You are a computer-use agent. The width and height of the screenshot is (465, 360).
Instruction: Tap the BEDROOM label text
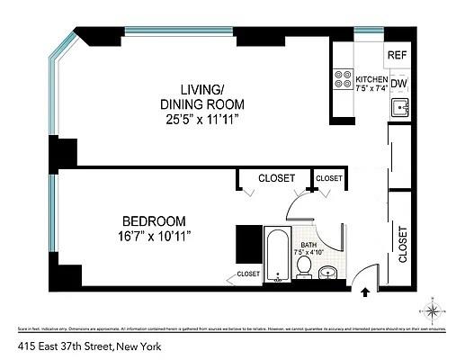pyautogui.click(x=154, y=220)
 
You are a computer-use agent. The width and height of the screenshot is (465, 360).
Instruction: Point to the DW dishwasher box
pyautogui.click(x=399, y=84)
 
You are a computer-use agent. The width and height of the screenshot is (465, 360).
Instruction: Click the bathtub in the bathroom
pyautogui.click(x=275, y=255)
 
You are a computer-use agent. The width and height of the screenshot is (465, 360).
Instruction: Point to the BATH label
pyautogui.click(x=309, y=244)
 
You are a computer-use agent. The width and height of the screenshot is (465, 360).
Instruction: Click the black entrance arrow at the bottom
pyautogui.click(x=365, y=292)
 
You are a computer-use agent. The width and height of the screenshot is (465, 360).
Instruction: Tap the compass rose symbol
pyautogui.click(x=435, y=311)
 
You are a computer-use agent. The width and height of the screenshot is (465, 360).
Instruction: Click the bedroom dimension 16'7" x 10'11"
pyautogui.click(x=154, y=236)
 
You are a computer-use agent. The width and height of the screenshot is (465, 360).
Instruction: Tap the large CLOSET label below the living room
pyautogui.click(x=276, y=178)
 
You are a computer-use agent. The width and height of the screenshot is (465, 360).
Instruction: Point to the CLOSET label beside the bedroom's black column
pyautogui.click(x=248, y=274)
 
